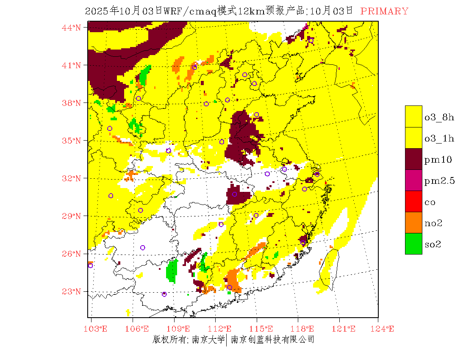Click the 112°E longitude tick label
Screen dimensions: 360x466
pyautogui.click(x=222, y=329)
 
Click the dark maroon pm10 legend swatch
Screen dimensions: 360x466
pyautogui.click(x=413, y=159)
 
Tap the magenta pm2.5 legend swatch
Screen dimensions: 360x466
pyautogui.click(x=413, y=180)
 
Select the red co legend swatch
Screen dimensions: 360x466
pyautogui.click(x=413, y=202)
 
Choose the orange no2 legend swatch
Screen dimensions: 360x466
pyautogui.click(x=413, y=223)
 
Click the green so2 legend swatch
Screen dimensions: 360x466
pyautogui.click(x=413, y=244)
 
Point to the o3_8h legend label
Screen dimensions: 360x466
pyautogui.click(x=439, y=117)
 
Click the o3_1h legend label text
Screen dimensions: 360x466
pyautogui.click(x=439, y=138)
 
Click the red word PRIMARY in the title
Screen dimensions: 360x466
pyautogui.click(x=384, y=11)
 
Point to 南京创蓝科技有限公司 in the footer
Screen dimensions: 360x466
pyautogui.click(x=272, y=339)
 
